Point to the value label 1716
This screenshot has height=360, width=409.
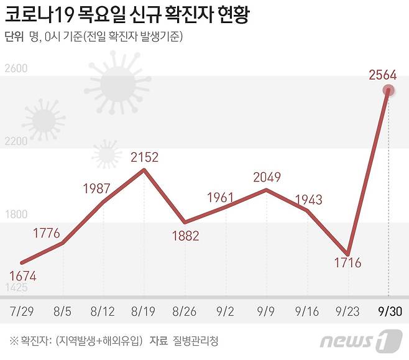tap(347, 262)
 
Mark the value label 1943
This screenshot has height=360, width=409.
tap(308, 200)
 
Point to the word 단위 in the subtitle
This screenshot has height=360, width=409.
tap(14, 37)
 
